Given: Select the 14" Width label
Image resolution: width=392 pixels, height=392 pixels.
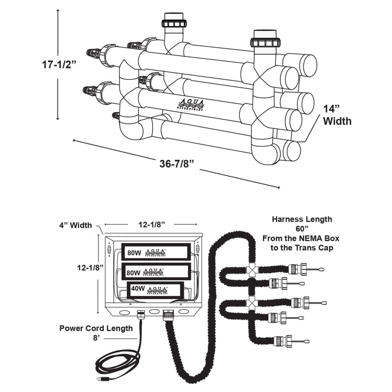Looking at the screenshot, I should pyautogui.click(x=337, y=116).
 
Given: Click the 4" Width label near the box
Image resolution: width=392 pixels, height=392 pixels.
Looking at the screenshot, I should pyautogui.click(x=74, y=225).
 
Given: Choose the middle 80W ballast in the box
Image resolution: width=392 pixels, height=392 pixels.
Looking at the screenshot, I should pyautogui.click(x=156, y=271).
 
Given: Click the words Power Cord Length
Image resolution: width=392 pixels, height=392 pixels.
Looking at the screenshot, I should pyautogui.click(x=96, y=328).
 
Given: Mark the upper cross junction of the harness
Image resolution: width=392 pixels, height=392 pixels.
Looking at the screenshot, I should pyautogui.click(x=252, y=269).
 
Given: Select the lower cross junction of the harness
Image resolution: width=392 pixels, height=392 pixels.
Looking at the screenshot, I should pyautogui.click(x=252, y=302).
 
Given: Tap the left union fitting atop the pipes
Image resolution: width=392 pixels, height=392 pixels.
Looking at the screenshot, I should pyautogui.click(x=174, y=23).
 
